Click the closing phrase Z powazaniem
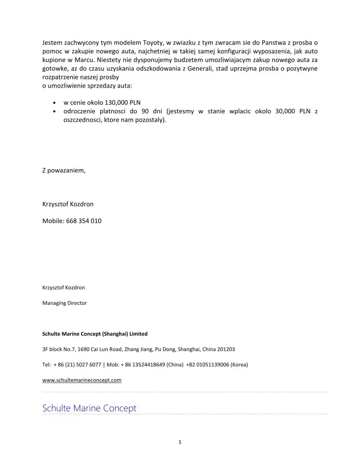point(64,170)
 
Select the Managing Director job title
point(64,303)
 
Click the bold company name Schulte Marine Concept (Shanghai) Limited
point(95,334)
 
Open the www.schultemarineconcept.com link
point(82,380)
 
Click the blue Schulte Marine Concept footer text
point(89,408)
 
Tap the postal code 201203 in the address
point(226,349)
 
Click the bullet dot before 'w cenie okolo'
point(55,103)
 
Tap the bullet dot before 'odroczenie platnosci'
point(55,112)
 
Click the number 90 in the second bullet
point(144,111)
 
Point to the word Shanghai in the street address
point(189,349)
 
